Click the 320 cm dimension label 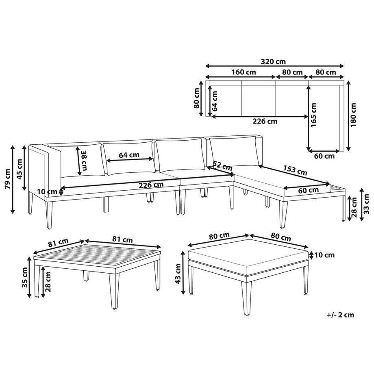[x=273, y=61]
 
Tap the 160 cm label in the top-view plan [x=244, y=72]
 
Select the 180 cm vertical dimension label [x=353, y=115]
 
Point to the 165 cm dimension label [x=313, y=115]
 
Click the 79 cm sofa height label [x=7, y=179]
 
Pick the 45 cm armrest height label [x=20, y=169]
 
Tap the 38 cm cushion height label [x=84, y=160]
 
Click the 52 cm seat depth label [x=222, y=166]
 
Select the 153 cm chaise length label [x=295, y=170]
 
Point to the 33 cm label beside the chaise [x=367, y=204]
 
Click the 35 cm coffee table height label [x=25, y=277]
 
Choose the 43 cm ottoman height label [x=178, y=274]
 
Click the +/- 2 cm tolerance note [x=340, y=315]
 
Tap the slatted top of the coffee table [x=97, y=257]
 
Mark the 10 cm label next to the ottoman [x=324, y=255]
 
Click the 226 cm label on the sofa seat [x=151, y=185]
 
